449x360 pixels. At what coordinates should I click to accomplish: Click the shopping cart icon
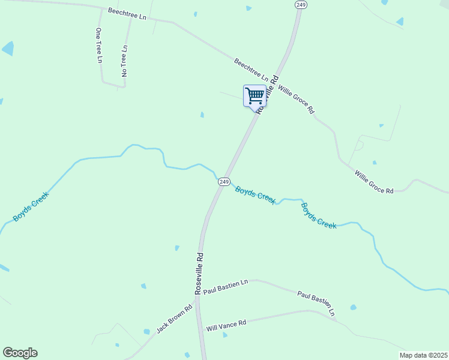point(255,95)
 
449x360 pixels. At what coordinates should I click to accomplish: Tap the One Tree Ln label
point(99,45)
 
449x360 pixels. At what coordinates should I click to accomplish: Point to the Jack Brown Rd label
point(174,319)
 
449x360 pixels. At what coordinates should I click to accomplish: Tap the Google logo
point(20,353)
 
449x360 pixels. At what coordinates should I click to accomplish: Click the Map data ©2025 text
point(423,355)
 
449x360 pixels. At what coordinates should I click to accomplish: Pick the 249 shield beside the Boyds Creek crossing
point(223,181)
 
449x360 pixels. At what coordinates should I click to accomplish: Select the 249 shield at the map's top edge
point(301,4)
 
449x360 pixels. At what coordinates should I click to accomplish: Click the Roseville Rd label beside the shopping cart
point(268,94)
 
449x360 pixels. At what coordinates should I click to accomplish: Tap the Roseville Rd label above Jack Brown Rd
point(199,272)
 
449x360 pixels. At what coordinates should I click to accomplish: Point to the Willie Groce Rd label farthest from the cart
point(373,182)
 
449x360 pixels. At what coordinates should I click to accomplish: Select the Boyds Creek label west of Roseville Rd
point(31,206)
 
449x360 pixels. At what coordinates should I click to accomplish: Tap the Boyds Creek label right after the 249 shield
point(255,195)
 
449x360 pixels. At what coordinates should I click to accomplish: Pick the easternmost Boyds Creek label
point(319,216)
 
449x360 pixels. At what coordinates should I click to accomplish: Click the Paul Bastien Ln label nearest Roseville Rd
point(226,286)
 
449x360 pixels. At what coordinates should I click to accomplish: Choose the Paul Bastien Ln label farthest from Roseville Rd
point(316,304)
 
